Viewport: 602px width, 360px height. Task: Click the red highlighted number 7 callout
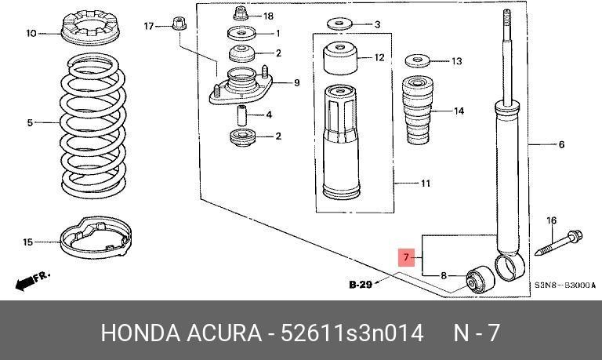pyautogui.click(x=406, y=257)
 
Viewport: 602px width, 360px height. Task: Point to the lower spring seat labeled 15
pyautogui.click(x=96, y=238)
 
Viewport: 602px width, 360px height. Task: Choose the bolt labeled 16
pyautogui.click(x=559, y=243)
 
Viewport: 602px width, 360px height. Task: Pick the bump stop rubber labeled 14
pyautogui.click(x=418, y=111)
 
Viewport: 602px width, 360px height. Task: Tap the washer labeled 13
pyautogui.click(x=418, y=60)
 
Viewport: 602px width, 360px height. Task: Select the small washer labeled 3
pyautogui.click(x=339, y=24)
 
